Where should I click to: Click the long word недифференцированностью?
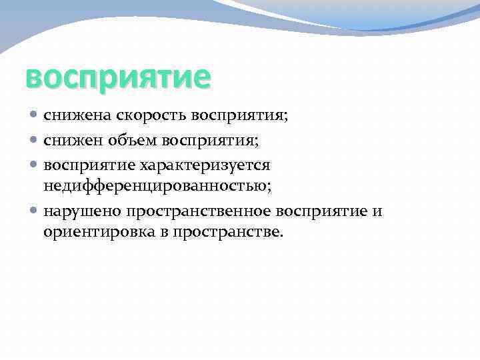coord(157,186)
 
